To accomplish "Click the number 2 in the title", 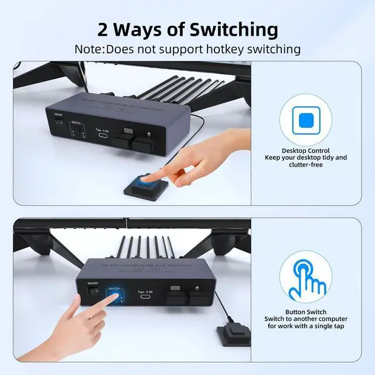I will [x=103, y=29].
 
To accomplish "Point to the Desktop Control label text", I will [x=306, y=151].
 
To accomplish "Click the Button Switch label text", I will [x=306, y=312].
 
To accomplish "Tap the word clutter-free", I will [x=305, y=165].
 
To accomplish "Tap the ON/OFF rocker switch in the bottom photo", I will [x=92, y=289].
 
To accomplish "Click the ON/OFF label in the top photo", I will [x=57, y=115].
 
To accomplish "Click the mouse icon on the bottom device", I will [x=197, y=288].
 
